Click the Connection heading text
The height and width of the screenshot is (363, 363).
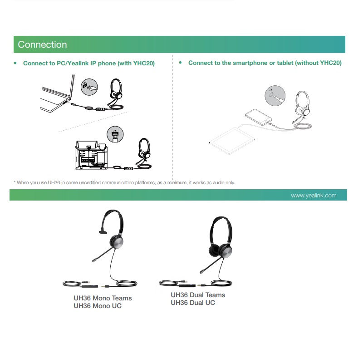(42, 44)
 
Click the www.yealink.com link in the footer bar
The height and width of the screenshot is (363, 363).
(314, 196)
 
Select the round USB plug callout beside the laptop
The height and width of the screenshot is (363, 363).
(89, 87)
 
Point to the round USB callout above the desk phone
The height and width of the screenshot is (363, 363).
(115, 134)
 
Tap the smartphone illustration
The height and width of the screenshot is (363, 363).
(259, 117)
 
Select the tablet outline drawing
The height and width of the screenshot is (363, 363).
(232, 141)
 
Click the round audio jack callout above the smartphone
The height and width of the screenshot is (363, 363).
(275, 96)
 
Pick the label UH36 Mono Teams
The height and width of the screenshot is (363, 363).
(103, 298)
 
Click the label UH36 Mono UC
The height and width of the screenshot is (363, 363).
(98, 306)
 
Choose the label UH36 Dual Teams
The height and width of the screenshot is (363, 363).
(198, 295)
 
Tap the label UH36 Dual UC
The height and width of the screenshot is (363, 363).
(193, 303)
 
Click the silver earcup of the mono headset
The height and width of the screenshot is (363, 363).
(117, 242)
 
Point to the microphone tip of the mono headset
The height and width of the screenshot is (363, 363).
(94, 260)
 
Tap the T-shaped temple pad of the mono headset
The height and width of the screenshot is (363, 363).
(103, 231)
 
